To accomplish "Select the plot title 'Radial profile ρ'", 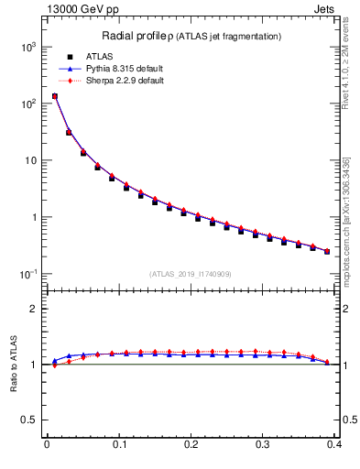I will point(134,36).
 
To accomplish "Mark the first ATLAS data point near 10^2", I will point(54,96).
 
